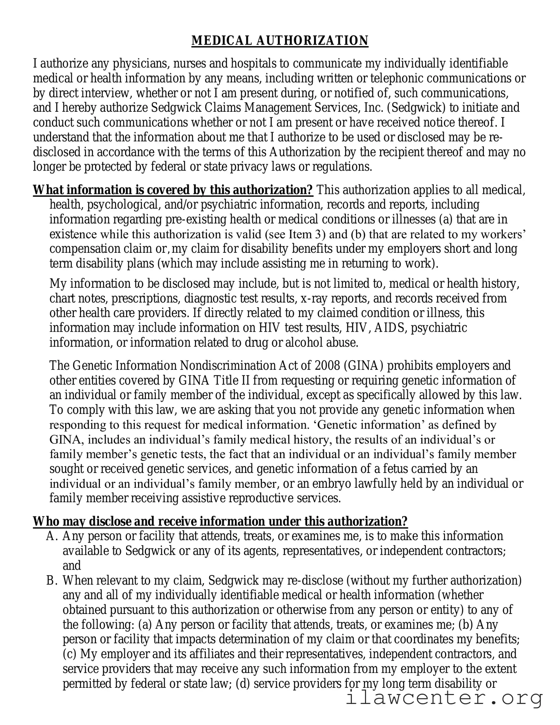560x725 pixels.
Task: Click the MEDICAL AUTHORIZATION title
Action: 280,41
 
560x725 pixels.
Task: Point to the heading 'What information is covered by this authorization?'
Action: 173,190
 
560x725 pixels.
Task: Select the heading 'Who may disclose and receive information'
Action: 220,521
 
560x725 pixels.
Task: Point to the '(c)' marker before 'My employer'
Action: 70,654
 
